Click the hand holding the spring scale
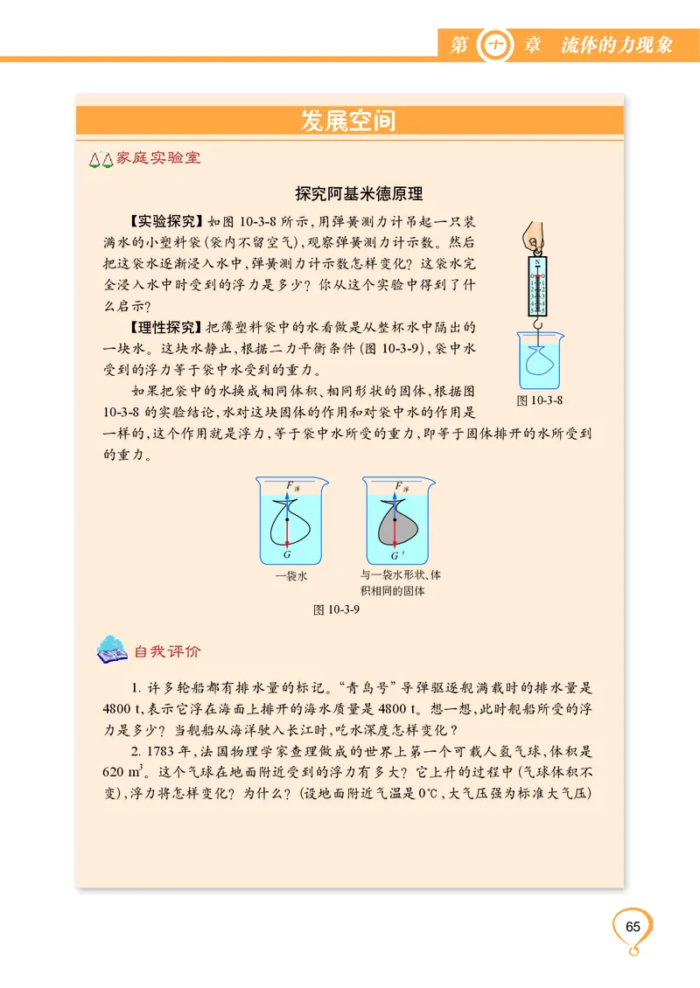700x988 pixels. tap(534, 237)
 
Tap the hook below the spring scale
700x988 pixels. tap(538, 325)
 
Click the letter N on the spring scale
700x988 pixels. tap(537, 261)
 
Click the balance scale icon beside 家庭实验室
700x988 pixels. tap(102, 160)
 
